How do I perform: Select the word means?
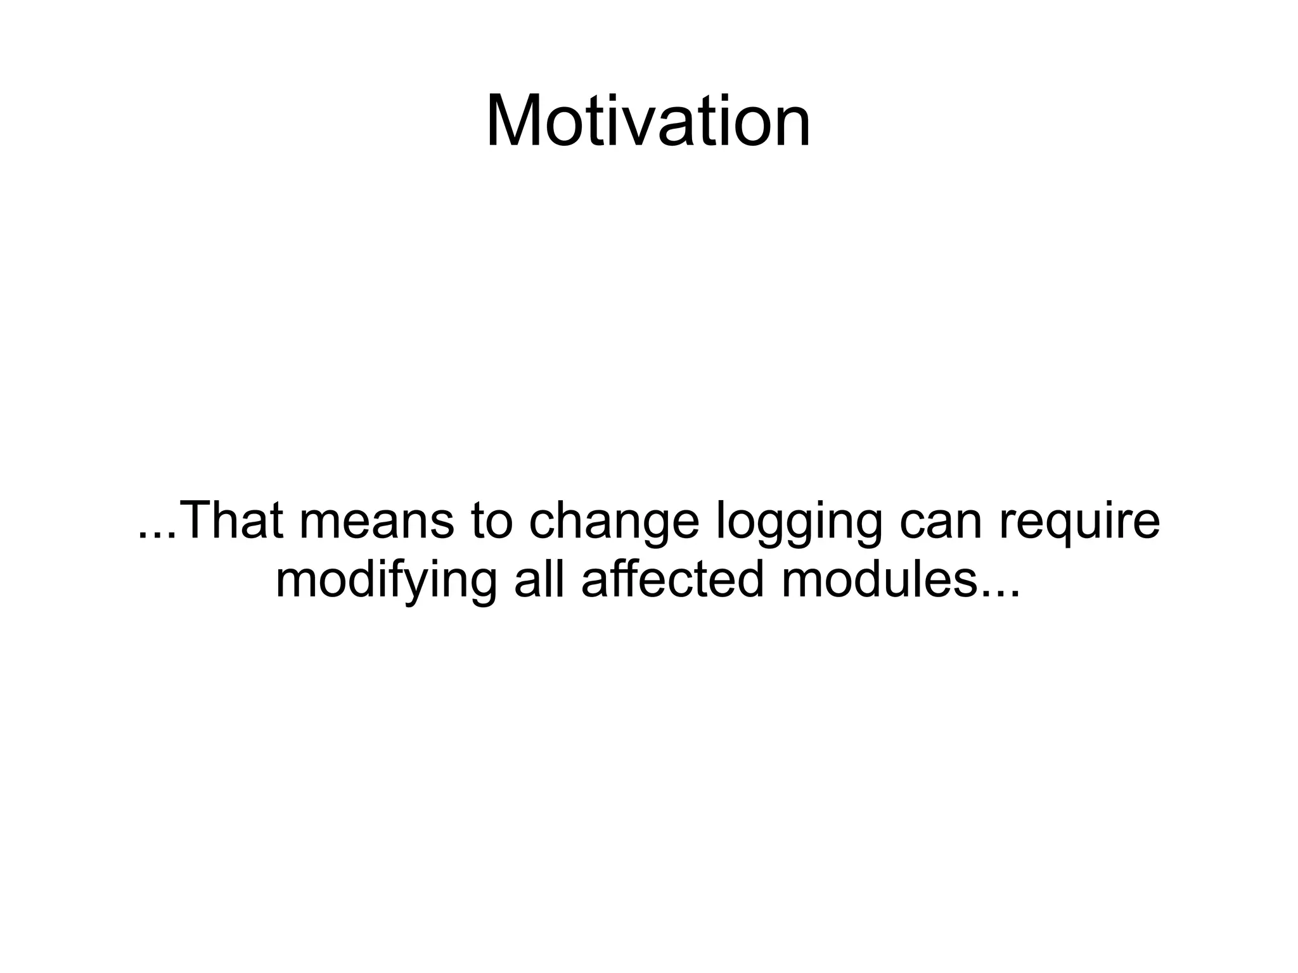(x=376, y=520)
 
